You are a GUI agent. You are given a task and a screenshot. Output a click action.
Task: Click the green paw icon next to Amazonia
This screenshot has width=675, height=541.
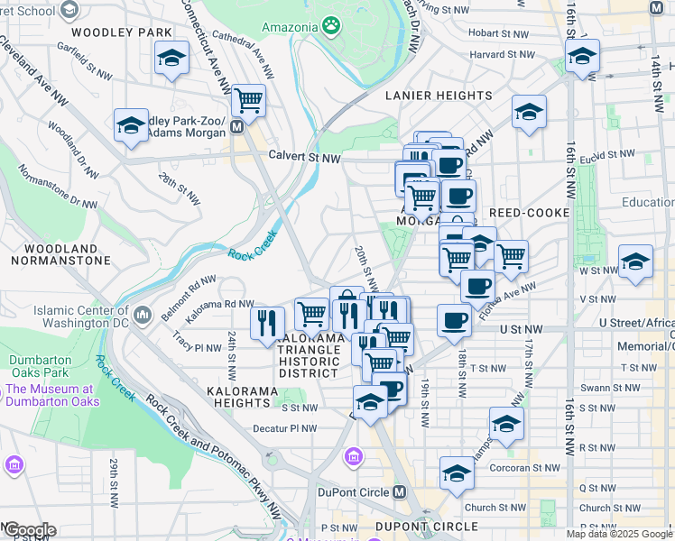coord(333,26)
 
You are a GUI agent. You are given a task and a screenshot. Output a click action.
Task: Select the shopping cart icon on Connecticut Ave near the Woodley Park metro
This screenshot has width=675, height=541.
coord(248,101)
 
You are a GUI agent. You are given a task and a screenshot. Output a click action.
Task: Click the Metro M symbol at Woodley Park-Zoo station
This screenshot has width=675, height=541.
coord(237,127)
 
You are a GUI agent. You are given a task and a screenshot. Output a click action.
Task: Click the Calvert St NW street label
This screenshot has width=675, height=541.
coord(304,156)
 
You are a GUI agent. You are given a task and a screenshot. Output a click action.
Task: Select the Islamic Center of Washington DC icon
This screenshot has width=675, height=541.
coord(143,316)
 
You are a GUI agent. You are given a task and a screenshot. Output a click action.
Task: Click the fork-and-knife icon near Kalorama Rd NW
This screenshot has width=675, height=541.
coord(266,323)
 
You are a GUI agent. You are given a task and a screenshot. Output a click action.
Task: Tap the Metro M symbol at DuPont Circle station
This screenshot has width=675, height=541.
coord(400,492)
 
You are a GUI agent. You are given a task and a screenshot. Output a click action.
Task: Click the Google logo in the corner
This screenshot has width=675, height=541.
coord(29,529)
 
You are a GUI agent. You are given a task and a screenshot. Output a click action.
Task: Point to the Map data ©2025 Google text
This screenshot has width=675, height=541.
coord(619,534)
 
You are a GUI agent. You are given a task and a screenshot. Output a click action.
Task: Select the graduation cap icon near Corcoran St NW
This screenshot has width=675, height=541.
coord(457,472)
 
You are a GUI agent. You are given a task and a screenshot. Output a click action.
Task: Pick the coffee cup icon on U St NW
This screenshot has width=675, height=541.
coord(455,320)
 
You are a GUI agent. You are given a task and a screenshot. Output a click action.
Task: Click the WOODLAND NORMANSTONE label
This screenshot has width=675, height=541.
coord(60,254)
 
